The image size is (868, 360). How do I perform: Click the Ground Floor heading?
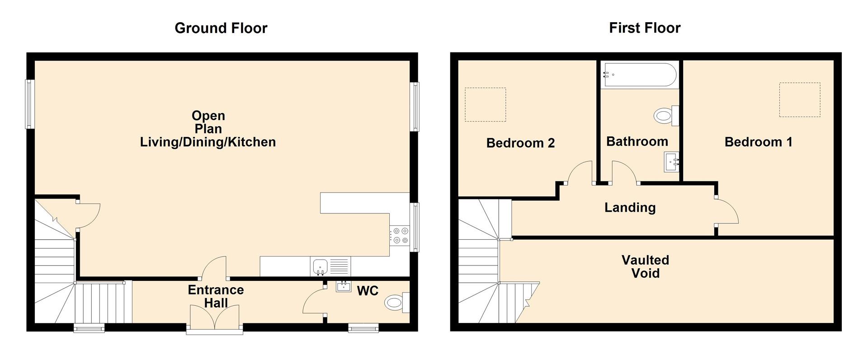pos(221,28)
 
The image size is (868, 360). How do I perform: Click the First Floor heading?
pos(644,28)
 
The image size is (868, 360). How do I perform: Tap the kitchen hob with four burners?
pos(399,236)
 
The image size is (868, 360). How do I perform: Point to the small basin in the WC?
pos(344,286)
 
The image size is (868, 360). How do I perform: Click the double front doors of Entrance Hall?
pos(215,318)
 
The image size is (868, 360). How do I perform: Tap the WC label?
pos(367,291)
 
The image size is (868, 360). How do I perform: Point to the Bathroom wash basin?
pos(671,162)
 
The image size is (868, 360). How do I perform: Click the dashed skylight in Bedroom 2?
pos(485,104)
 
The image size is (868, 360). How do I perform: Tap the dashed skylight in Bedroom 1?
pos(799,99)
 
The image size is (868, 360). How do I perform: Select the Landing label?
pos(630,208)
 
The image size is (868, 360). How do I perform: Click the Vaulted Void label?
pos(645,266)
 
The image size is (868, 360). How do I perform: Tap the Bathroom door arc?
pos(623,172)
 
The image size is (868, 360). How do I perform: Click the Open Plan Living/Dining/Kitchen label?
pos(208,129)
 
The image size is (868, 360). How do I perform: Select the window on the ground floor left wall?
pos(30,104)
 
